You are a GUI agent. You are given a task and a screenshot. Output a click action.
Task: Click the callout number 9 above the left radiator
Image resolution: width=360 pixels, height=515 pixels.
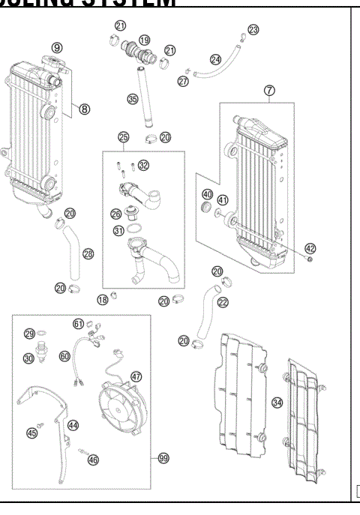click(56, 47)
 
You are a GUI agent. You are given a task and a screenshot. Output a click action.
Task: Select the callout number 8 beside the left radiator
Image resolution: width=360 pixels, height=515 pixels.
click(84, 109)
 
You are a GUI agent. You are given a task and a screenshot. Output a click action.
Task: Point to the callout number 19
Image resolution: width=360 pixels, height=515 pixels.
click(145, 40)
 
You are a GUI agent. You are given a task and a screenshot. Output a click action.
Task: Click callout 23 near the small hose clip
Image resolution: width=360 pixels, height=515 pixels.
click(253, 29)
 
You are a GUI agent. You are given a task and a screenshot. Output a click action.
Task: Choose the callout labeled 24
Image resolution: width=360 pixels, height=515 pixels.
click(215, 58)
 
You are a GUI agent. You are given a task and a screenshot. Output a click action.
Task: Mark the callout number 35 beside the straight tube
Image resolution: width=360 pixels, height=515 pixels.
click(132, 98)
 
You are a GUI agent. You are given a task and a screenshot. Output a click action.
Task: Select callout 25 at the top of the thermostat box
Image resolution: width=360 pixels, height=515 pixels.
click(124, 138)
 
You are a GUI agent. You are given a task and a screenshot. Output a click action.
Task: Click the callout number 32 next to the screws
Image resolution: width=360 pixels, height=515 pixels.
click(143, 165)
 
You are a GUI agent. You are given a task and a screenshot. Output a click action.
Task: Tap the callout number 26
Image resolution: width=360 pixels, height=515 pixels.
click(116, 214)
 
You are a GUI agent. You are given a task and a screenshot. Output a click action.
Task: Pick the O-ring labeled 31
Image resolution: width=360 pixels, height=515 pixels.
click(118, 231)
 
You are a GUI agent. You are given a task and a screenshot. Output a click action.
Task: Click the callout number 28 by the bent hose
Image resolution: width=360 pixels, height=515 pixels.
click(88, 254)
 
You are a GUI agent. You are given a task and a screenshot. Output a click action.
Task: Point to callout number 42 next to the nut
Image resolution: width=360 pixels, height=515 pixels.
click(310, 248)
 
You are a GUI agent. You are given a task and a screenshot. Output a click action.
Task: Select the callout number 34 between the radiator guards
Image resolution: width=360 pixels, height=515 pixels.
click(277, 403)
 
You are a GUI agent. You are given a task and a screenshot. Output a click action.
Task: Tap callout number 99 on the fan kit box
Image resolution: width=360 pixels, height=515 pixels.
click(163, 459)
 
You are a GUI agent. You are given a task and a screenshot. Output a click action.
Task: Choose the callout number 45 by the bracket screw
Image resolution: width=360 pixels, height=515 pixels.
click(32, 432)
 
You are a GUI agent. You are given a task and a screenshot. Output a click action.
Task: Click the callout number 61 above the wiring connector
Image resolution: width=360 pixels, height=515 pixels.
click(78, 323)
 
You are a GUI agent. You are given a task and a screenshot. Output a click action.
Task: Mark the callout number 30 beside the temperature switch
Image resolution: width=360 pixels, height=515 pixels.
click(29, 358)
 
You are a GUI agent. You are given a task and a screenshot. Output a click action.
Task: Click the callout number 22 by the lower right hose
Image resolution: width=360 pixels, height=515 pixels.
click(223, 302)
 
